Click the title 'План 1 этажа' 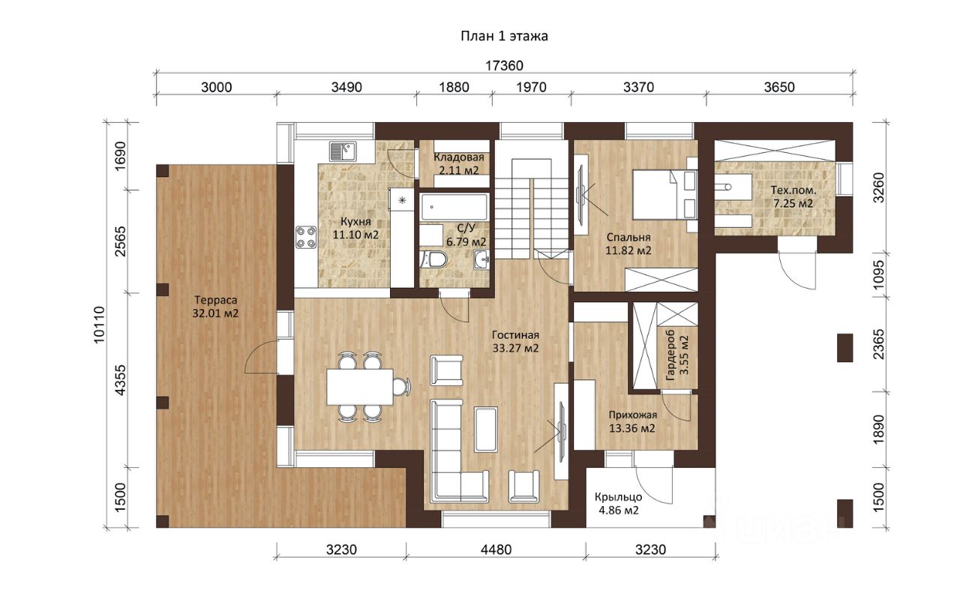(x=504, y=36)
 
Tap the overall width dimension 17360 (x=504, y=65)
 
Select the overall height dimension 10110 (x=99, y=325)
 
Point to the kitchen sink (x=343, y=151)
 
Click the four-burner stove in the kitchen (x=306, y=238)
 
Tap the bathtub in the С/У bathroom (x=454, y=207)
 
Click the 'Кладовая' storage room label (x=458, y=157)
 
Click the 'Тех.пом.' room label (x=793, y=190)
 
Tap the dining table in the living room (x=360, y=387)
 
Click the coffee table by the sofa (x=486, y=429)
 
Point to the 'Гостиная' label (x=515, y=335)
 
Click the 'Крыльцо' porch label (x=618, y=497)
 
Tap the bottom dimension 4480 (x=496, y=550)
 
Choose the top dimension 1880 (x=454, y=88)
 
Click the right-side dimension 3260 (x=878, y=187)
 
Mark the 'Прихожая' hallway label (x=632, y=415)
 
